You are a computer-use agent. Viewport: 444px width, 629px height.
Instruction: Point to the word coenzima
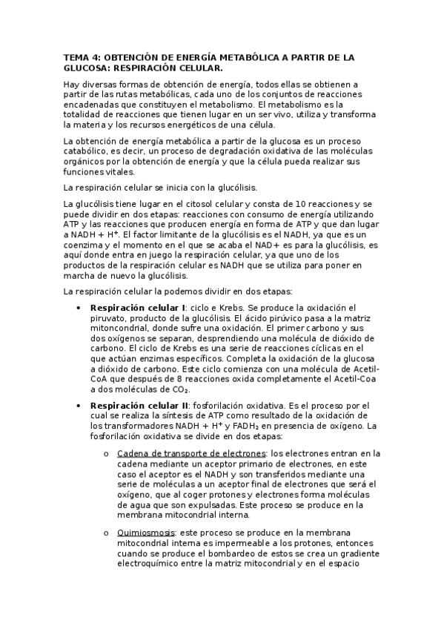point(87,243)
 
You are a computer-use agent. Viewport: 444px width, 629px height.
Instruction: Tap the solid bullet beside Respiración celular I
point(79,308)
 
